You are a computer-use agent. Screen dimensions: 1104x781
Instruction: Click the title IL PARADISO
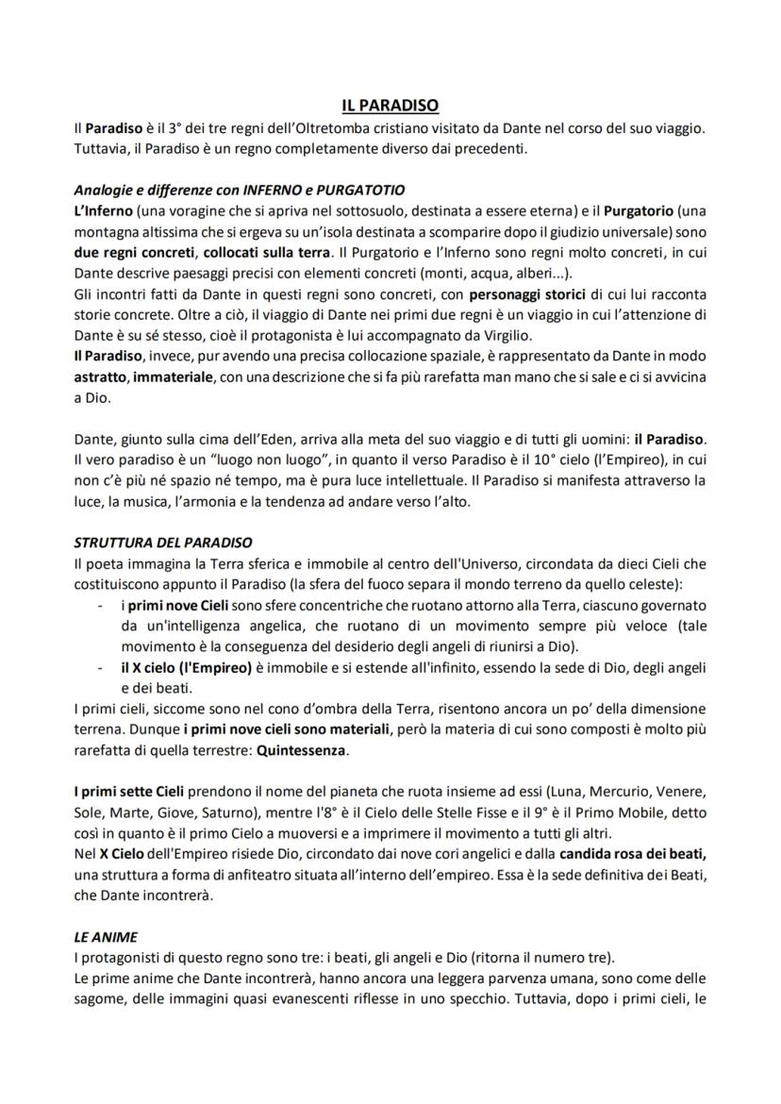(x=390, y=106)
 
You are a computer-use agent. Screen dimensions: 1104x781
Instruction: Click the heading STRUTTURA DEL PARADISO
(x=162, y=542)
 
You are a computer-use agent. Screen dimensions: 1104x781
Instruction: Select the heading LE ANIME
(x=106, y=937)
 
